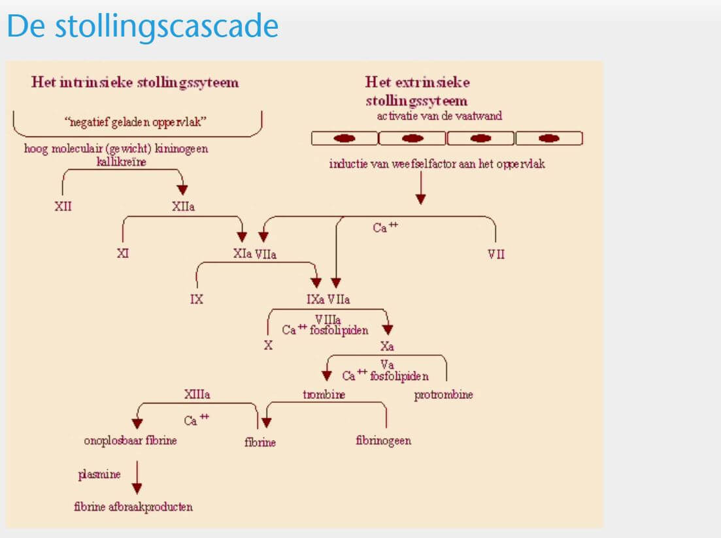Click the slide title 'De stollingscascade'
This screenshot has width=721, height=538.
(143, 27)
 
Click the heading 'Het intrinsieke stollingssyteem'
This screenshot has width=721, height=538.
(135, 82)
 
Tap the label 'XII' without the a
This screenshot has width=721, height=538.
(63, 206)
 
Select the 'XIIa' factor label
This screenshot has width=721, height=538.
(183, 206)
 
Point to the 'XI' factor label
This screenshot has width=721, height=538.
(123, 253)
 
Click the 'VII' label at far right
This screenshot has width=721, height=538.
(496, 254)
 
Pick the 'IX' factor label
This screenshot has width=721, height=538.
(196, 299)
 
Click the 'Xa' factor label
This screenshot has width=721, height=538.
(387, 346)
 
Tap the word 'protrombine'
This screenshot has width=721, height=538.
(443, 394)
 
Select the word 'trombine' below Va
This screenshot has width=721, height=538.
(324, 394)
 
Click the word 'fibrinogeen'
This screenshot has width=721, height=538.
(384, 441)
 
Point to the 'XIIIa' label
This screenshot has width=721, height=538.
(197, 394)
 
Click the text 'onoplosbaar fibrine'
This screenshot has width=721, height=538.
(130, 441)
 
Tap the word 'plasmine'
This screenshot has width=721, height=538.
(99, 474)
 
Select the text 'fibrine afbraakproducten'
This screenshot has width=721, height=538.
(133, 507)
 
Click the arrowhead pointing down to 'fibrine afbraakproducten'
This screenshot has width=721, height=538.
(137, 488)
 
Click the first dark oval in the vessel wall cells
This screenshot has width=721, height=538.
(344, 138)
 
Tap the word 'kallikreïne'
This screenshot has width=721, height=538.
(122, 162)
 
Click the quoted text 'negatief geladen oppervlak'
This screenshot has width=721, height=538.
(135, 121)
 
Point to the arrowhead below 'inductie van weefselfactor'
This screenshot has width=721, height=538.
(421, 199)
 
